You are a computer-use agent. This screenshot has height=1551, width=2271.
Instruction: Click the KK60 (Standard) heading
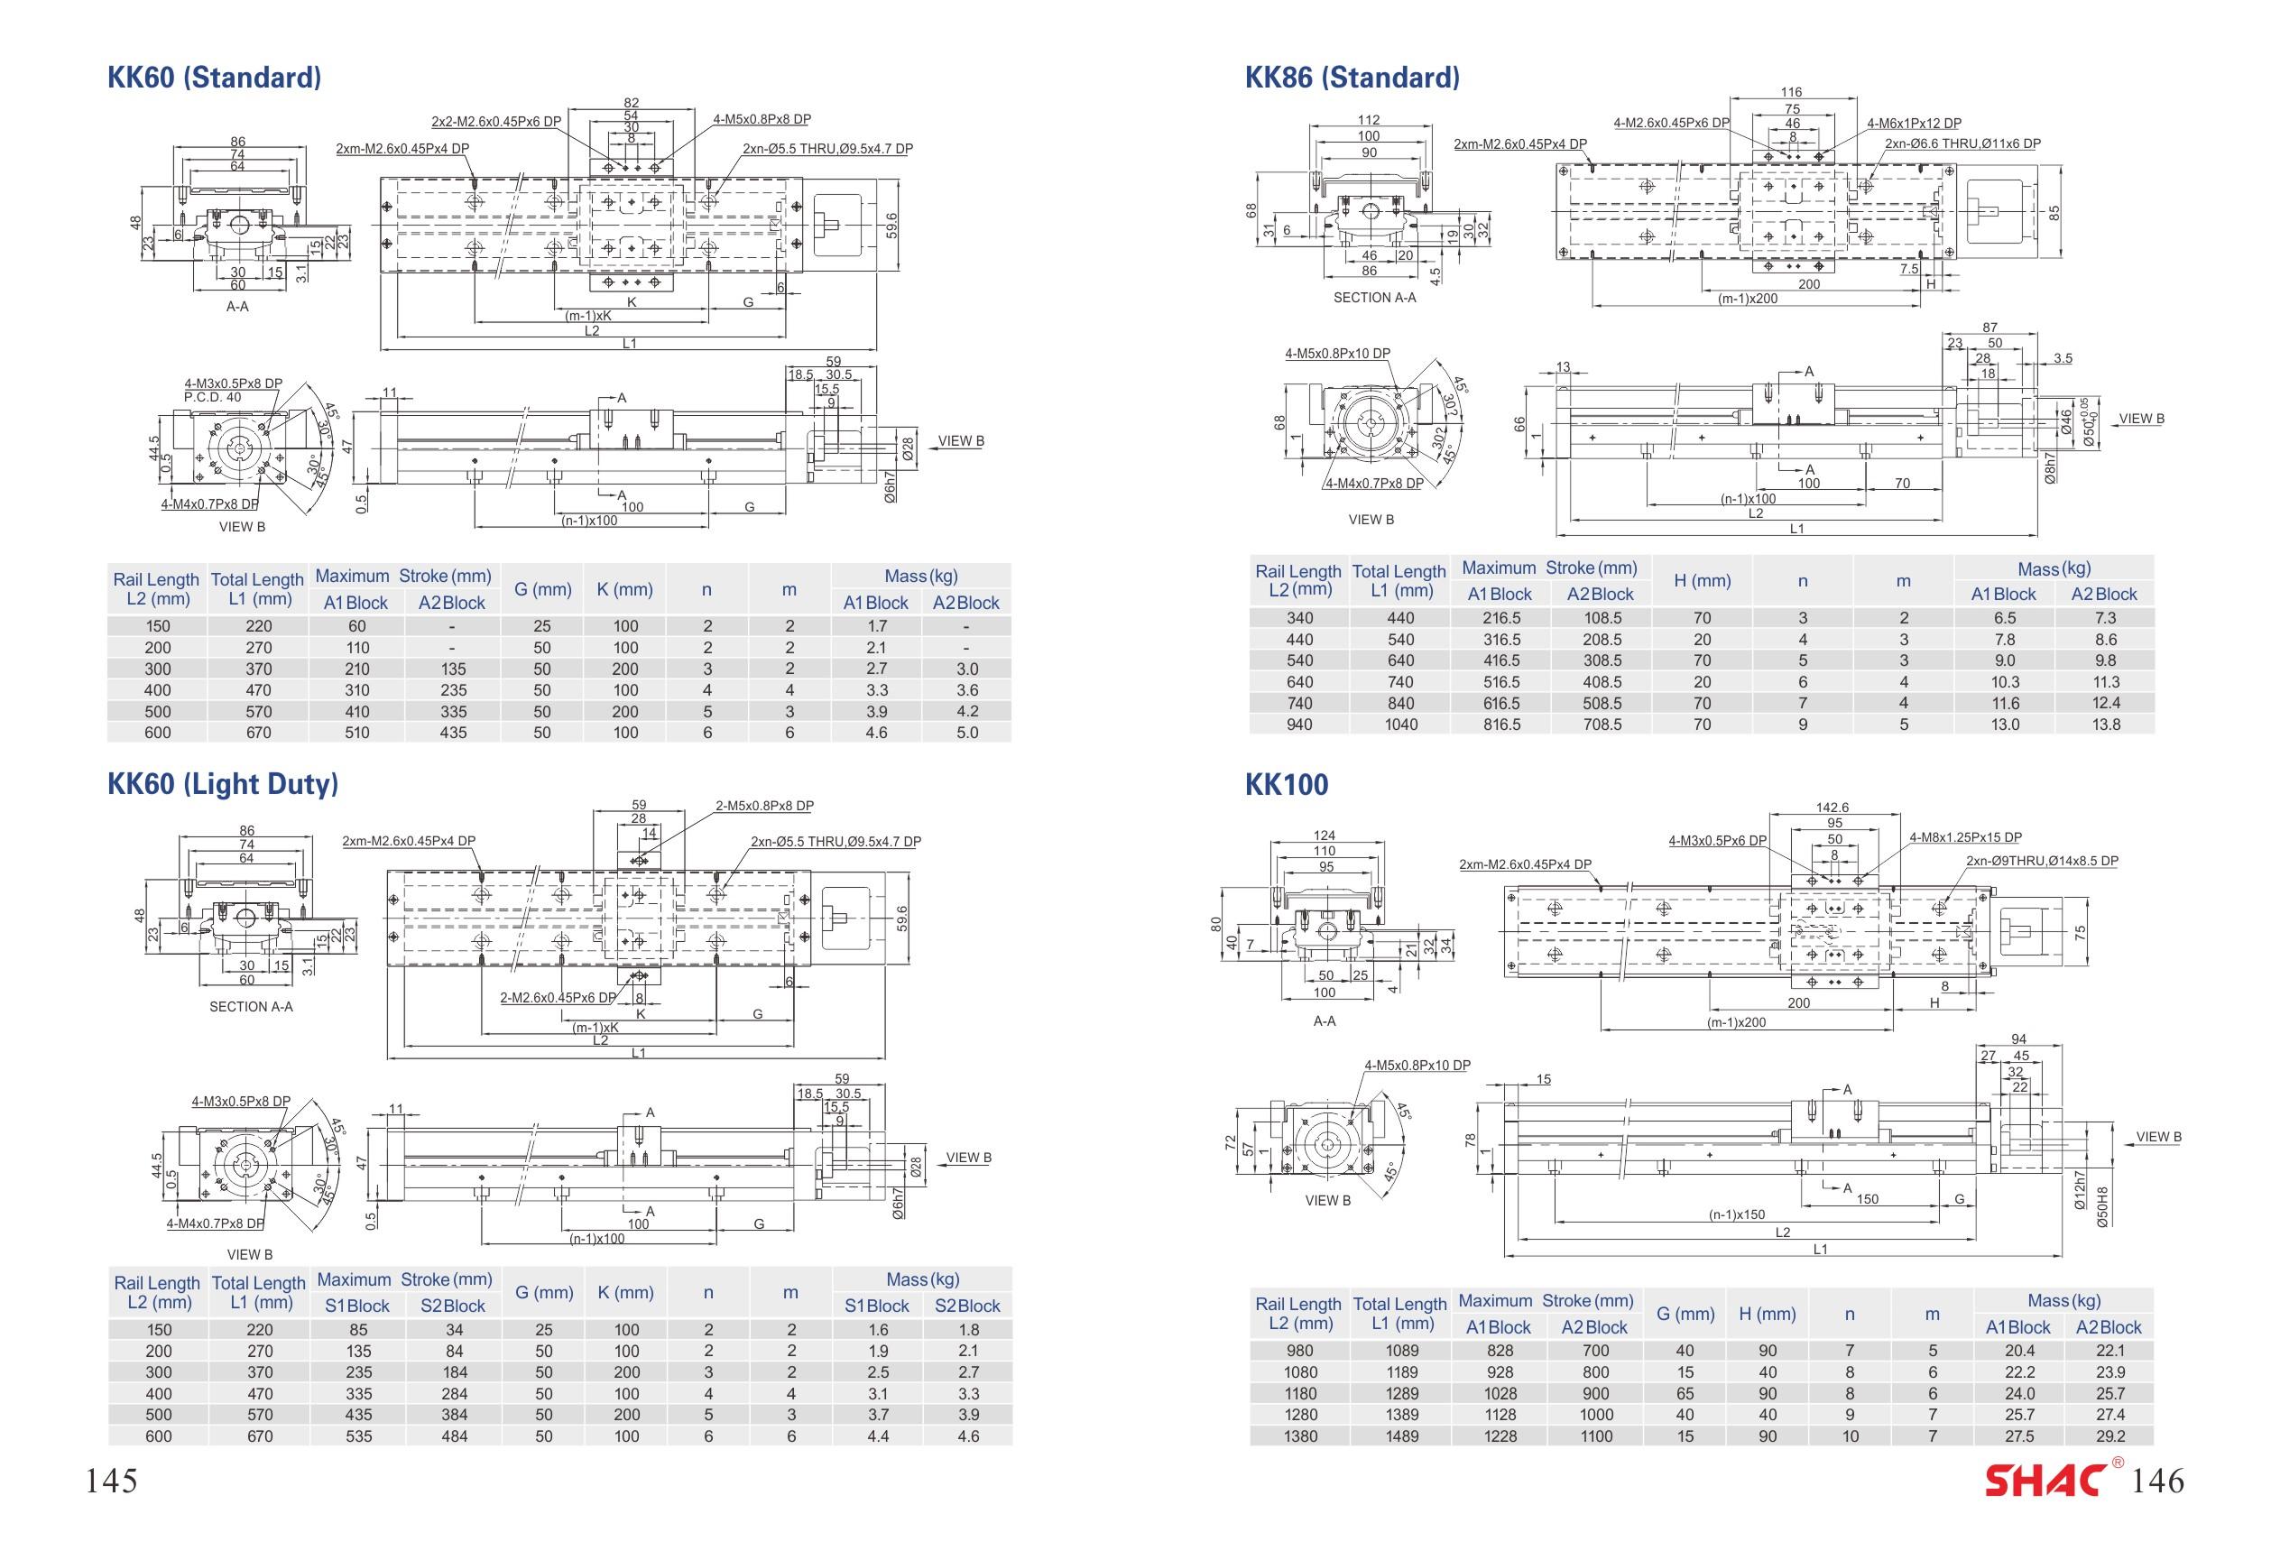214,78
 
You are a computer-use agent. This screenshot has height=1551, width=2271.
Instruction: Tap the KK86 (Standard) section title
1352,78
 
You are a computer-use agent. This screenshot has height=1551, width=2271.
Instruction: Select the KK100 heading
1286,785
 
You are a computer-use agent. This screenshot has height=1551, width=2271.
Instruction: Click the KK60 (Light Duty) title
223,784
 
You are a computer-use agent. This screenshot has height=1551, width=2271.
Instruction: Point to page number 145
111,1482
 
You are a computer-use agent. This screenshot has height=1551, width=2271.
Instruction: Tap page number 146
2156,1482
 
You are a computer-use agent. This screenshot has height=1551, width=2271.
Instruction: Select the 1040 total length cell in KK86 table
1400,725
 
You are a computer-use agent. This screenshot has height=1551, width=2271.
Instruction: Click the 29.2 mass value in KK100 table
2109,1436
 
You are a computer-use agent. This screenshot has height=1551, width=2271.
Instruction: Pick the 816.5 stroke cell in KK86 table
1501,725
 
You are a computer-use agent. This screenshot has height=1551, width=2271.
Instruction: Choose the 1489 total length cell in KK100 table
1401,1436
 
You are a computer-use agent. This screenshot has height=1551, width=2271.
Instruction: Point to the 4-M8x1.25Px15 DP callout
1965,837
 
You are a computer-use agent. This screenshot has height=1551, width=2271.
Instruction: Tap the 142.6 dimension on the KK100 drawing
1832,808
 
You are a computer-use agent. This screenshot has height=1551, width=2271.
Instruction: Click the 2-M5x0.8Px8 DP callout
764,807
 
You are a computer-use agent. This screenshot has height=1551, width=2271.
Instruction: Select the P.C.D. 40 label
212,397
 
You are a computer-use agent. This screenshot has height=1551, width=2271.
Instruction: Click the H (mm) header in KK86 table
1703,580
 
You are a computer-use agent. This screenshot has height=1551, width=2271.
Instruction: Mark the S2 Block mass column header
966,1306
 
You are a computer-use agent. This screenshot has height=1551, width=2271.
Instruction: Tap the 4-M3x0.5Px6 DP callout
1717,841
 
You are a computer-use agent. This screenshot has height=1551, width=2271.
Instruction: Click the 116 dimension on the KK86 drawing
1791,92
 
